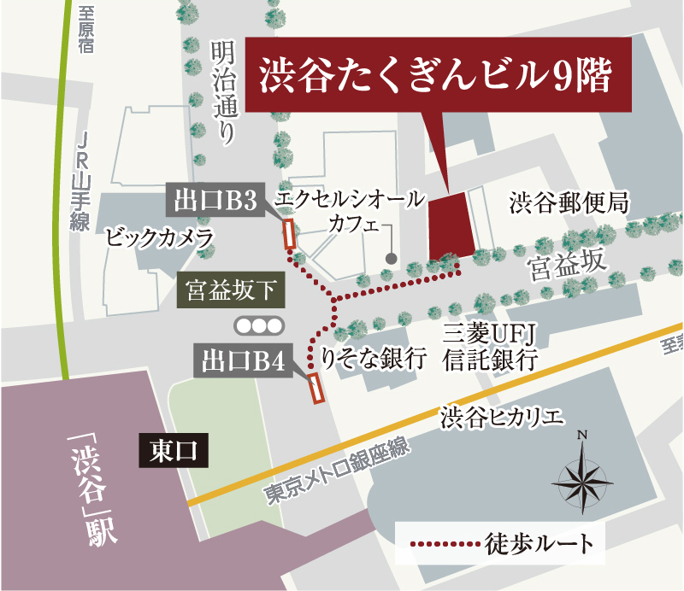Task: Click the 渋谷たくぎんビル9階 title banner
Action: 439,75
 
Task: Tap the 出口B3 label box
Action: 215,202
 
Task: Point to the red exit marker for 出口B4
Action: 315,389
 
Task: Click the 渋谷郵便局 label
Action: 569,202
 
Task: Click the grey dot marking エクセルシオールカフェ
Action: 392,258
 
